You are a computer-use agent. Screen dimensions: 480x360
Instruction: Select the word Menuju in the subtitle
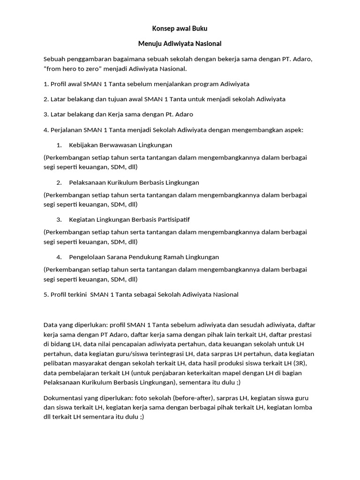pos(150,44)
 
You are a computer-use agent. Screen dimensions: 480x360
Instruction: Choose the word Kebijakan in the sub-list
pos(83,145)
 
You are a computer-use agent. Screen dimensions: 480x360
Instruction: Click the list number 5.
pos(45,294)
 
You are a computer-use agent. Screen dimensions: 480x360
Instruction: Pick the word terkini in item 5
pos(75,294)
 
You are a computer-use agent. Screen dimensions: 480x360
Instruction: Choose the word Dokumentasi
pos(63,398)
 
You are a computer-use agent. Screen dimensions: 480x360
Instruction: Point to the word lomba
pos(303,407)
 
